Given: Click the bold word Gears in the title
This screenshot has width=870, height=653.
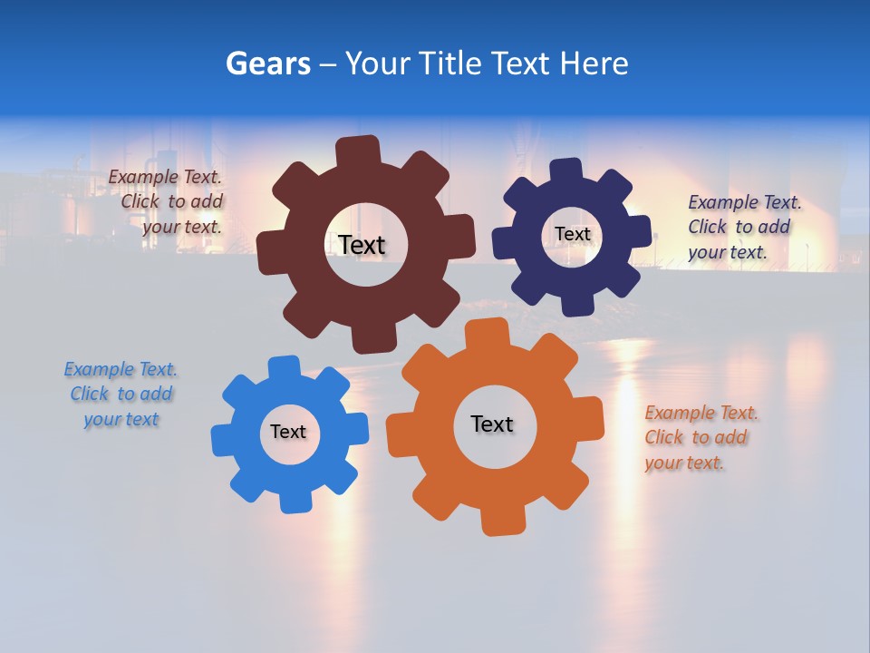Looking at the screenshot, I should coord(268,63).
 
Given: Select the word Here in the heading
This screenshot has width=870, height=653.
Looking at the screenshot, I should coord(594,63).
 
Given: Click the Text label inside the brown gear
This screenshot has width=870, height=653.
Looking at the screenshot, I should coord(362,245).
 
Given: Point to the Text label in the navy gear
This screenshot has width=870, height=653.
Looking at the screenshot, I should coord(572,234).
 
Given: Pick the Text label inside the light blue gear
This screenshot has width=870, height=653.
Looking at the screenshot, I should coord(288,432).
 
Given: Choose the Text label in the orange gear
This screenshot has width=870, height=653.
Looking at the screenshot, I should coord(492,424).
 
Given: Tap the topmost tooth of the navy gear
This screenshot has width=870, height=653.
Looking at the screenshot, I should coord(565,171).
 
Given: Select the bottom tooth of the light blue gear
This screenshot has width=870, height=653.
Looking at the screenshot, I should coord(294,501).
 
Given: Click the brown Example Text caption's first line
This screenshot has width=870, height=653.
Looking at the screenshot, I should coord(165,177).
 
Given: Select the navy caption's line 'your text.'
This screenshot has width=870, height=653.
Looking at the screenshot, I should coord(727,252).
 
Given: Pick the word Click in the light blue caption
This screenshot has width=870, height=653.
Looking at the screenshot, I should coord(90,394).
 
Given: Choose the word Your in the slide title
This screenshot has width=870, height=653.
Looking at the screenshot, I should coord(374,63).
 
